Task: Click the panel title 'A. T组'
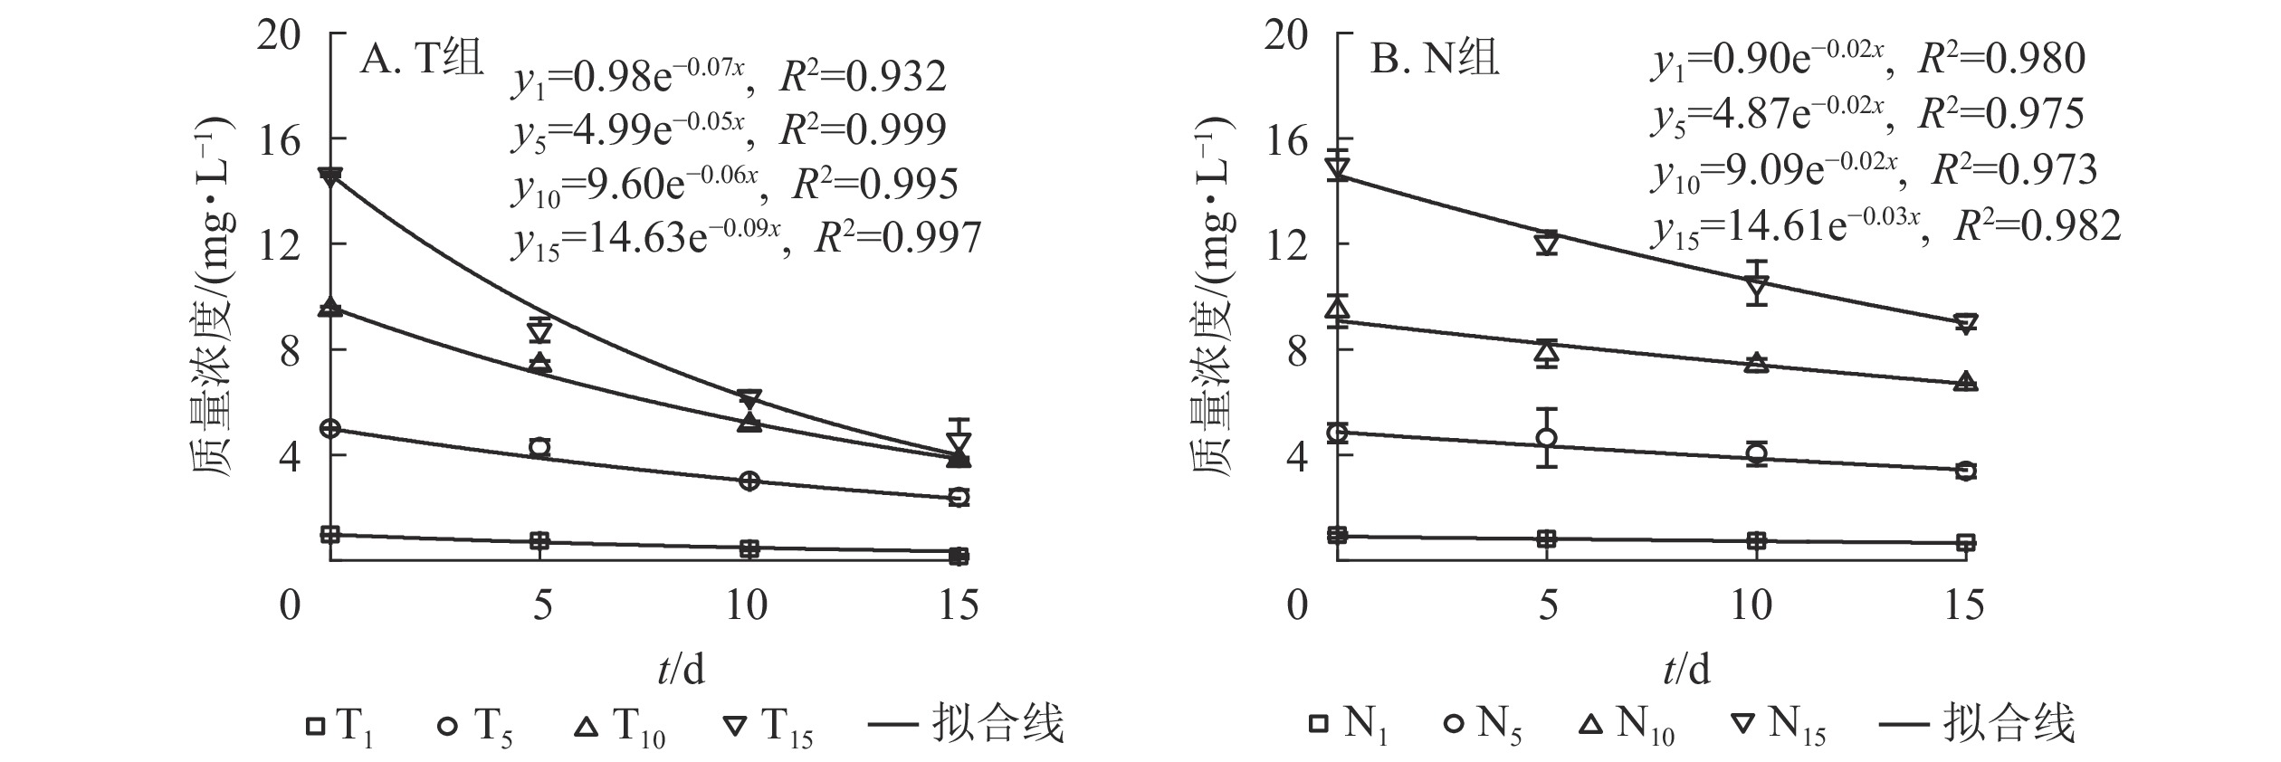coord(422,62)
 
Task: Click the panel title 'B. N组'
coord(1436,62)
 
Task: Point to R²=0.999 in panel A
coord(863,130)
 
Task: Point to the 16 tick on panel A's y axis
coord(280,140)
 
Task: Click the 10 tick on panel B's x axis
coord(1751,605)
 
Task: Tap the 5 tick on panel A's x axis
coord(541,605)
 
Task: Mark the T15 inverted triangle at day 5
coord(540,331)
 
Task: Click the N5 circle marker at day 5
coord(1547,438)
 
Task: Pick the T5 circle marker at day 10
coord(749,481)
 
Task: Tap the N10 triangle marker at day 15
coord(1965,382)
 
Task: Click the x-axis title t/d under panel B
coord(1686,670)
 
